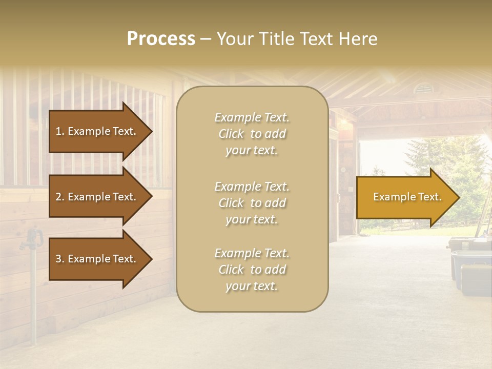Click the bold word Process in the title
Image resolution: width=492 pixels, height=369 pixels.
[161, 39]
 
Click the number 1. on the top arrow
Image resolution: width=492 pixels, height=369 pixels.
[60, 131]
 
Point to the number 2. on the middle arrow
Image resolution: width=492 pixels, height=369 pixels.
[60, 197]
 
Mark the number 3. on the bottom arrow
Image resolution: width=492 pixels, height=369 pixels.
[60, 259]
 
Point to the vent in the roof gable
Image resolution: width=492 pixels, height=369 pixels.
[423, 89]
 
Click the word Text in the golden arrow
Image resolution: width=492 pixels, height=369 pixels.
[429, 197]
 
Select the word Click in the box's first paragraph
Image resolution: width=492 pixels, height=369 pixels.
[231, 134]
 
